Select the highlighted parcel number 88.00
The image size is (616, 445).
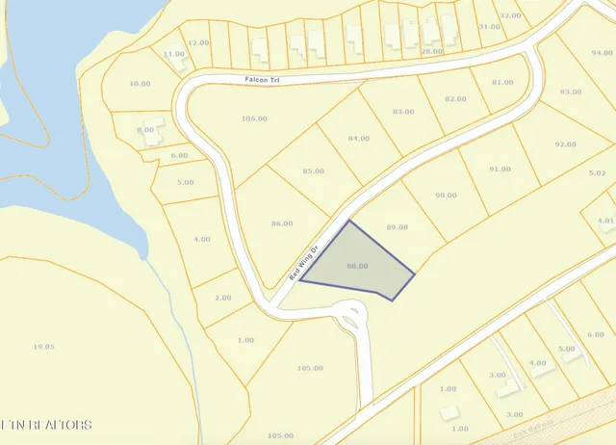pyautogui.click(x=357, y=265)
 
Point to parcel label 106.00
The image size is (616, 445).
pyautogui.click(x=254, y=118)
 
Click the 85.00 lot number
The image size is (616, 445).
pyautogui.click(x=313, y=170)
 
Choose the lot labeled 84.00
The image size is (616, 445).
pyautogui.click(x=358, y=139)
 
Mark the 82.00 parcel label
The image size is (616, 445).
pyautogui.click(x=454, y=98)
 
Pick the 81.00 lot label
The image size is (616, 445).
pyautogui.click(x=501, y=82)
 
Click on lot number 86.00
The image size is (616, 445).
pyautogui.click(x=282, y=222)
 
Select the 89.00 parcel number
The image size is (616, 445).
pyautogui.click(x=398, y=226)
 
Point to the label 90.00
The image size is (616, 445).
pyautogui.click(x=446, y=195)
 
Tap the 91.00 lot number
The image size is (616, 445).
pyautogui.click(x=500, y=169)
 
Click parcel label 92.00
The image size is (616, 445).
pyautogui.click(x=565, y=144)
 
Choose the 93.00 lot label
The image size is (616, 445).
pyautogui.click(x=571, y=92)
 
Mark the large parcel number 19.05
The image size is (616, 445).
pyautogui.click(x=43, y=346)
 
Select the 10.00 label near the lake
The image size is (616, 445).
pyautogui.click(x=140, y=84)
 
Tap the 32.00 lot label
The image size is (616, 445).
pyautogui.click(x=511, y=15)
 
